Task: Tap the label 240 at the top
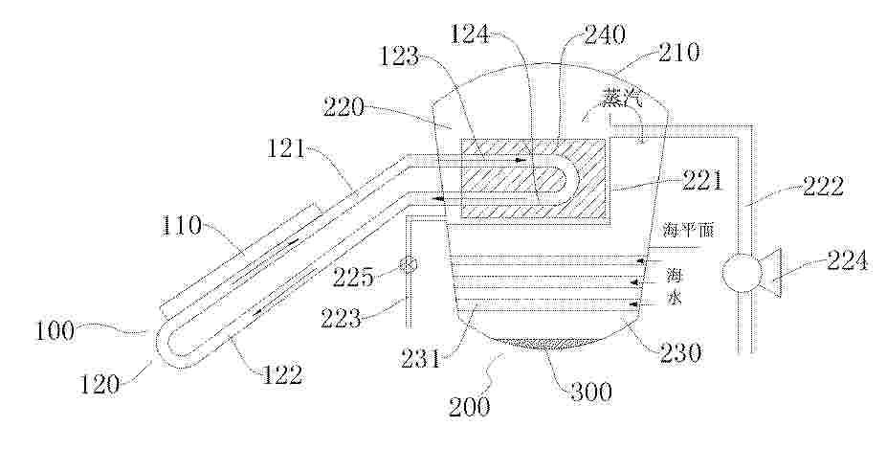coord(605,35)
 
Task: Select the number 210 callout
coord(678,52)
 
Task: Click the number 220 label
coord(343,107)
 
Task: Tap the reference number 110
coord(183,227)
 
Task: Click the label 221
coord(703,182)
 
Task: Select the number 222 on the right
coord(822,187)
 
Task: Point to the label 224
coord(847,261)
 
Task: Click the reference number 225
coord(353,278)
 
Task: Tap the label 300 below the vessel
coord(591,393)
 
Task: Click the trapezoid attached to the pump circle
coord(770,274)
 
